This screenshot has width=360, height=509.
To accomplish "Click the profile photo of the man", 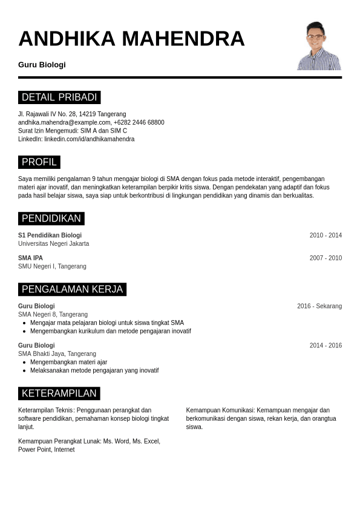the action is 319,46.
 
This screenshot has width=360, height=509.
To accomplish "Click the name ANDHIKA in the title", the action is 67,39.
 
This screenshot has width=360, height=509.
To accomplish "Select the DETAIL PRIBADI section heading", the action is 59,97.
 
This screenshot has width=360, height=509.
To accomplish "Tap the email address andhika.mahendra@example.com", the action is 64,122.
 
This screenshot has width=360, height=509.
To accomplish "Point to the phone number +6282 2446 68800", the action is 139,122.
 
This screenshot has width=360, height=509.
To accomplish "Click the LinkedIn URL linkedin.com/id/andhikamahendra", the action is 89,139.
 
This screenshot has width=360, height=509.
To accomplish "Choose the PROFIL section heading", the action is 39,162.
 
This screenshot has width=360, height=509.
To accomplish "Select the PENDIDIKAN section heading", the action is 51,218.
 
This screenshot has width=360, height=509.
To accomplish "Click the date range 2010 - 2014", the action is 326,235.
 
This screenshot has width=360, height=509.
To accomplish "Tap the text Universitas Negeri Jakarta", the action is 53,244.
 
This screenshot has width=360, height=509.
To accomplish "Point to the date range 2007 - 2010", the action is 326,258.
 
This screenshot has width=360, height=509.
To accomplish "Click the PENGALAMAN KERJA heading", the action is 72,289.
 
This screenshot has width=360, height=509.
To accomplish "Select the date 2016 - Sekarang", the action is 319,306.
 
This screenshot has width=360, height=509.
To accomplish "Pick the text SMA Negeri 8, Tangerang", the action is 53,315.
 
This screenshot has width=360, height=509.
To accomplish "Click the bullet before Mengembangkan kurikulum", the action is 24,332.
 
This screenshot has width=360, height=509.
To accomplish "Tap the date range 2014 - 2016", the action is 326,346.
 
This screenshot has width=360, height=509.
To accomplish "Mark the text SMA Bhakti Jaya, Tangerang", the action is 57,354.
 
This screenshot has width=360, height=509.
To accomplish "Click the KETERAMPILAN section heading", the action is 59,393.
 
